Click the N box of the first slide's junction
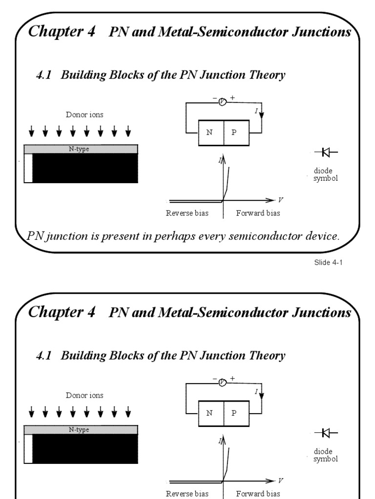click(x=210, y=132)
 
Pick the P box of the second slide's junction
click(x=236, y=413)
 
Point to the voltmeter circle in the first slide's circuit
click(x=223, y=101)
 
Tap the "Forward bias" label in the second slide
click(x=258, y=494)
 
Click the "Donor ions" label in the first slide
click(x=85, y=115)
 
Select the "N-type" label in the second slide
click(x=78, y=429)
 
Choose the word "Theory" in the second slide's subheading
click(x=268, y=356)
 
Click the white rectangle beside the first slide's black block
click(x=28, y=168)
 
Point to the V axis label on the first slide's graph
click(x=280, y=200)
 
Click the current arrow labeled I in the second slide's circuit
click(x=261, y=394)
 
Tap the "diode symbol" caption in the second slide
click(x=325, y=455)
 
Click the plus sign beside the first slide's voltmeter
click(x=232, y=98)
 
